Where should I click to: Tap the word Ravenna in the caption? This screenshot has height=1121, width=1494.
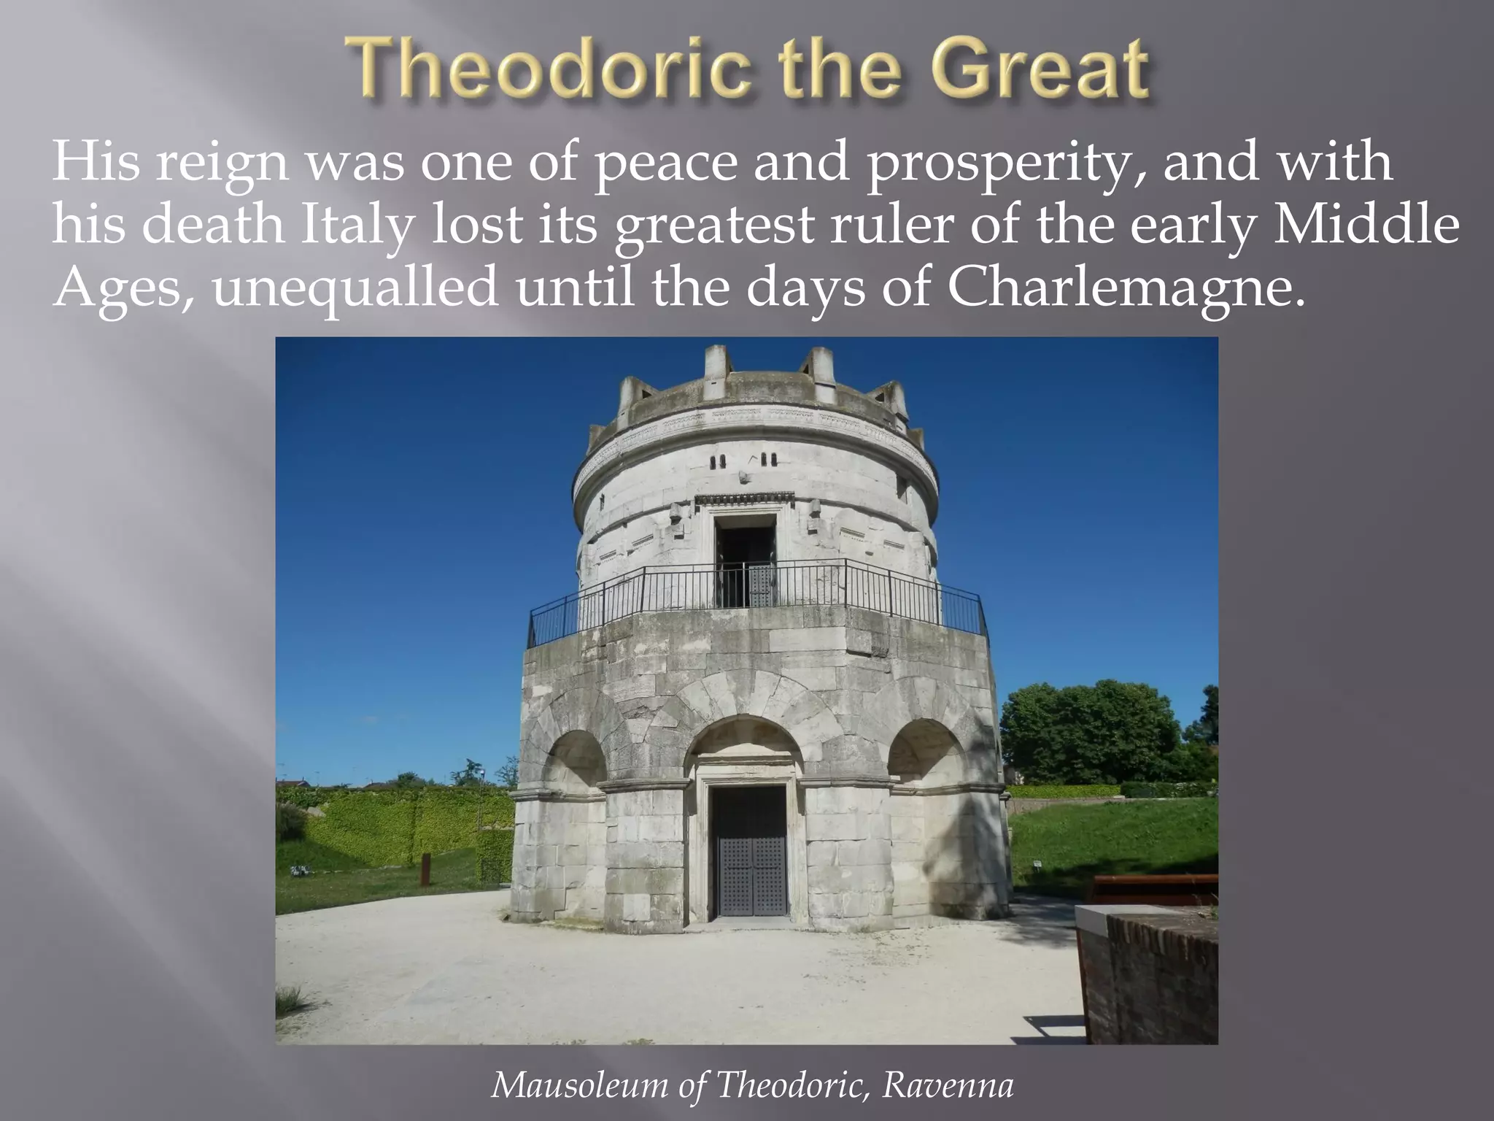click(948, 1086)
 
